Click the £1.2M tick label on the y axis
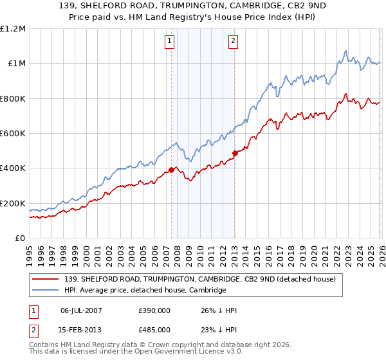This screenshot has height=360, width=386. (x=13, y=28)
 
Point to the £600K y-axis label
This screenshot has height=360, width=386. (x=13, y=133)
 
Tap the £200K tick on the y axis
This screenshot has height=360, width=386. (x=13, y=203)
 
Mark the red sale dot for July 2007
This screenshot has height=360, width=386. (x=171, y=170)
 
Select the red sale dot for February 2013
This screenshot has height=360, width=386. (x=235, y=153)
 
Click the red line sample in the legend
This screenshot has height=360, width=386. (x=46, y=279)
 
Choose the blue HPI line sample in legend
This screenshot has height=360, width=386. (x=46, y=290)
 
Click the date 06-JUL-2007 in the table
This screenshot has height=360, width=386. (x=82, y=310)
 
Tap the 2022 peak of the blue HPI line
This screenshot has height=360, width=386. (x=346, y=51)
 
